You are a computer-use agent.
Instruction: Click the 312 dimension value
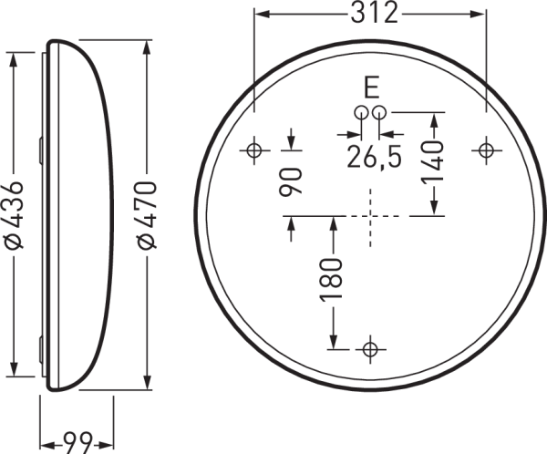374,14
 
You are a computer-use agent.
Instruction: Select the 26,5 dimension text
374,156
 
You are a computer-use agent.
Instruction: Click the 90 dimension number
290,181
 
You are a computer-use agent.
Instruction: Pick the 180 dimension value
330,280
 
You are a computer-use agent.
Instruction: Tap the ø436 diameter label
15,215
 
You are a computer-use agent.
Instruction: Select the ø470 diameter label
147,215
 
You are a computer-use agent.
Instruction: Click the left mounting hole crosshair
254,150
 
